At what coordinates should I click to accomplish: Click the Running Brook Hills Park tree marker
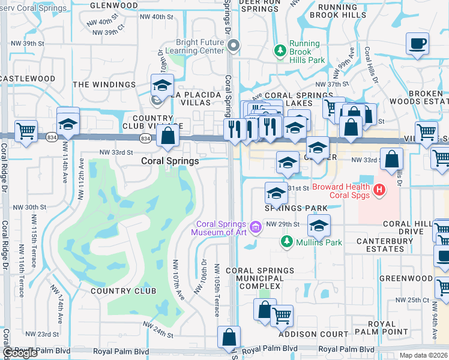tap(279, 50)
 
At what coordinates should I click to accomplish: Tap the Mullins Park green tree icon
tap(287, 241)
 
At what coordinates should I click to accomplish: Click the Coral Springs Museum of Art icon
tap(256, 227)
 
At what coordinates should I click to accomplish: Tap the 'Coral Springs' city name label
tap(170, 161)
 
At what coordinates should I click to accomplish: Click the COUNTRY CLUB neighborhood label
tap(123, 291)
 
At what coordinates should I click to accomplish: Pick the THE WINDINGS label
tap(104, 85)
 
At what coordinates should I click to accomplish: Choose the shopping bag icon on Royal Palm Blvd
tap(229, 337)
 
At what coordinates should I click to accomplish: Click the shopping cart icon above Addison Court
tap(282, 314)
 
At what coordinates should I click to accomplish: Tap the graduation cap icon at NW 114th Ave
tap(68, 124)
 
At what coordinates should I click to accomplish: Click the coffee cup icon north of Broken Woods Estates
tap(417, 44)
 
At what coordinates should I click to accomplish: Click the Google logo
tap(20, 353)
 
